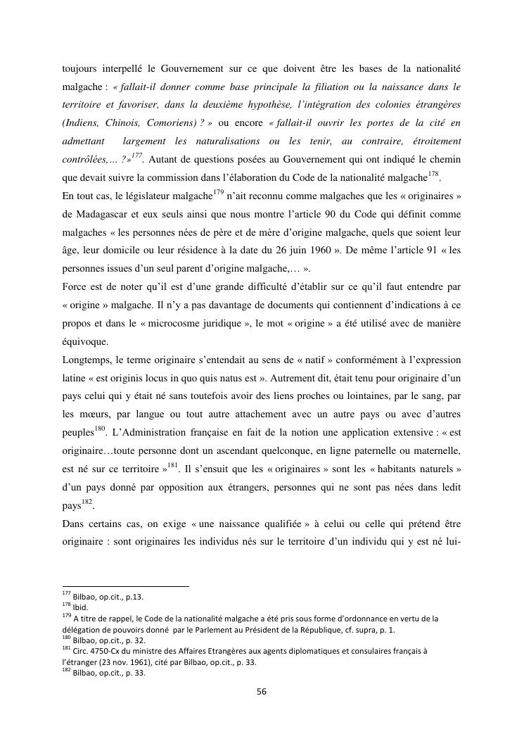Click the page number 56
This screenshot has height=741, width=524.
tap(262, 691)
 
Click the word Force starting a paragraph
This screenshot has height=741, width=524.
tap(75, 288)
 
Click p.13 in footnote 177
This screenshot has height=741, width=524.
tap(134, 597)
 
